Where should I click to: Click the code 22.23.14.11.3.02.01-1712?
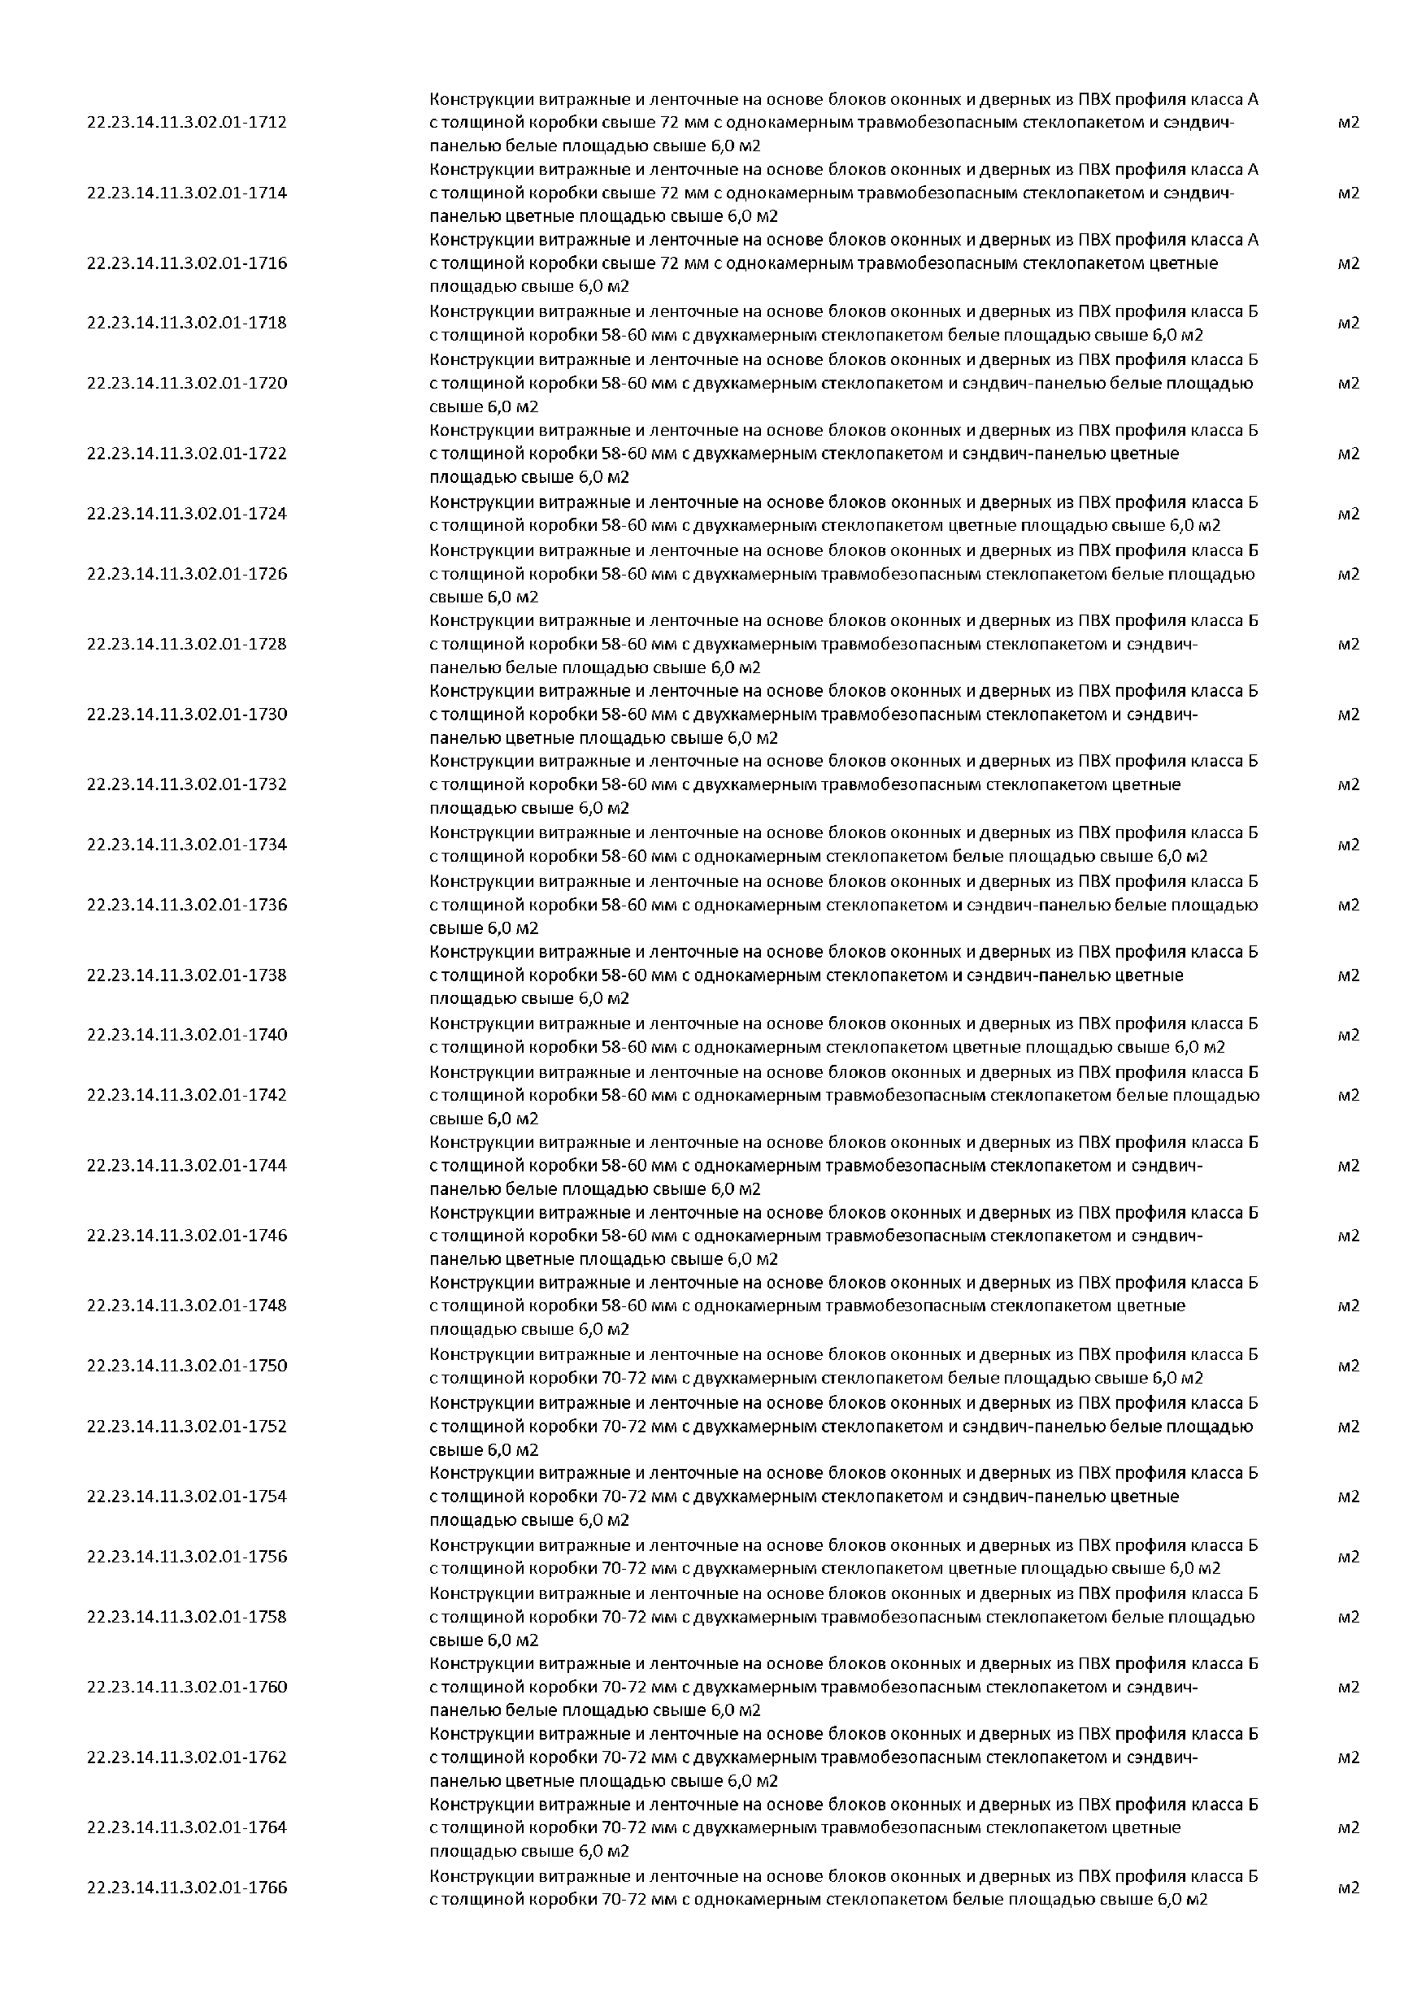[187, 123]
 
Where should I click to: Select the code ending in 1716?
[187, 263]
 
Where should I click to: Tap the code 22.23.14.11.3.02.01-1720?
[187, 384]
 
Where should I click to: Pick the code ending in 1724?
[187, 514]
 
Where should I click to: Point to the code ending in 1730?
[187, 715]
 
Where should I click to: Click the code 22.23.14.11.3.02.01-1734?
[187, 845]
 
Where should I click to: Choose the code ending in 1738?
[187, 975]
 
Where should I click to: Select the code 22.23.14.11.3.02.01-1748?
[187, 1306]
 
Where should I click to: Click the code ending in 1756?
[187, 1557]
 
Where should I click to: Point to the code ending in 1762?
[187, 1757]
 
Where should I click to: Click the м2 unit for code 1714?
[1348, 193]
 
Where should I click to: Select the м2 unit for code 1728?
[1348, 645]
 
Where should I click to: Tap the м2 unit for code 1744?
[1348, 1166]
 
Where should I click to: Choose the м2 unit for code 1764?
[1348, 1827]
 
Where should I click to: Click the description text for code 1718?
[843, 323]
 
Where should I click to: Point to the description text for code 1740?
[843, 1035]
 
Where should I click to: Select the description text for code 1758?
[843, 1618]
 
